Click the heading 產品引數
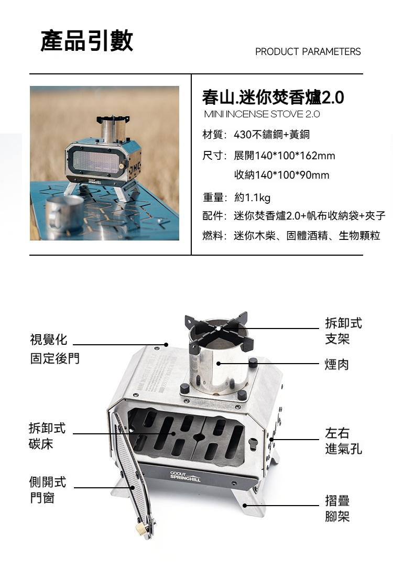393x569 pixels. tap(87, 41)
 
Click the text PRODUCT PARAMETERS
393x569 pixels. tap(308, 52)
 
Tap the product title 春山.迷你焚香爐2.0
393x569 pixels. tap(272, 97)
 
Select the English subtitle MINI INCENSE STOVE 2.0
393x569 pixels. tap(261, 114)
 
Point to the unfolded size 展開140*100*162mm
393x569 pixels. tap(284, 156)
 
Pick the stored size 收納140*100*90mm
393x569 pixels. tap(281, 175)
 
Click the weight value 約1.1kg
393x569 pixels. tap(252, 198)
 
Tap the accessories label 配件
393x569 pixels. tap(214, 216)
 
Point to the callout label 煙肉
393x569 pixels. tap(336, 364)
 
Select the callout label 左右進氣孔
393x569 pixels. tap(343, 441)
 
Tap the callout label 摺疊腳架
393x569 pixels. tap(337, 508)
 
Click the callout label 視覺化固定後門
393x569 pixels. tap(54, 349)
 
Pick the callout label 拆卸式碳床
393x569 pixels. tap(47, 436)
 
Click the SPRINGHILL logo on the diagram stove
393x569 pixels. tap(185, 477)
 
